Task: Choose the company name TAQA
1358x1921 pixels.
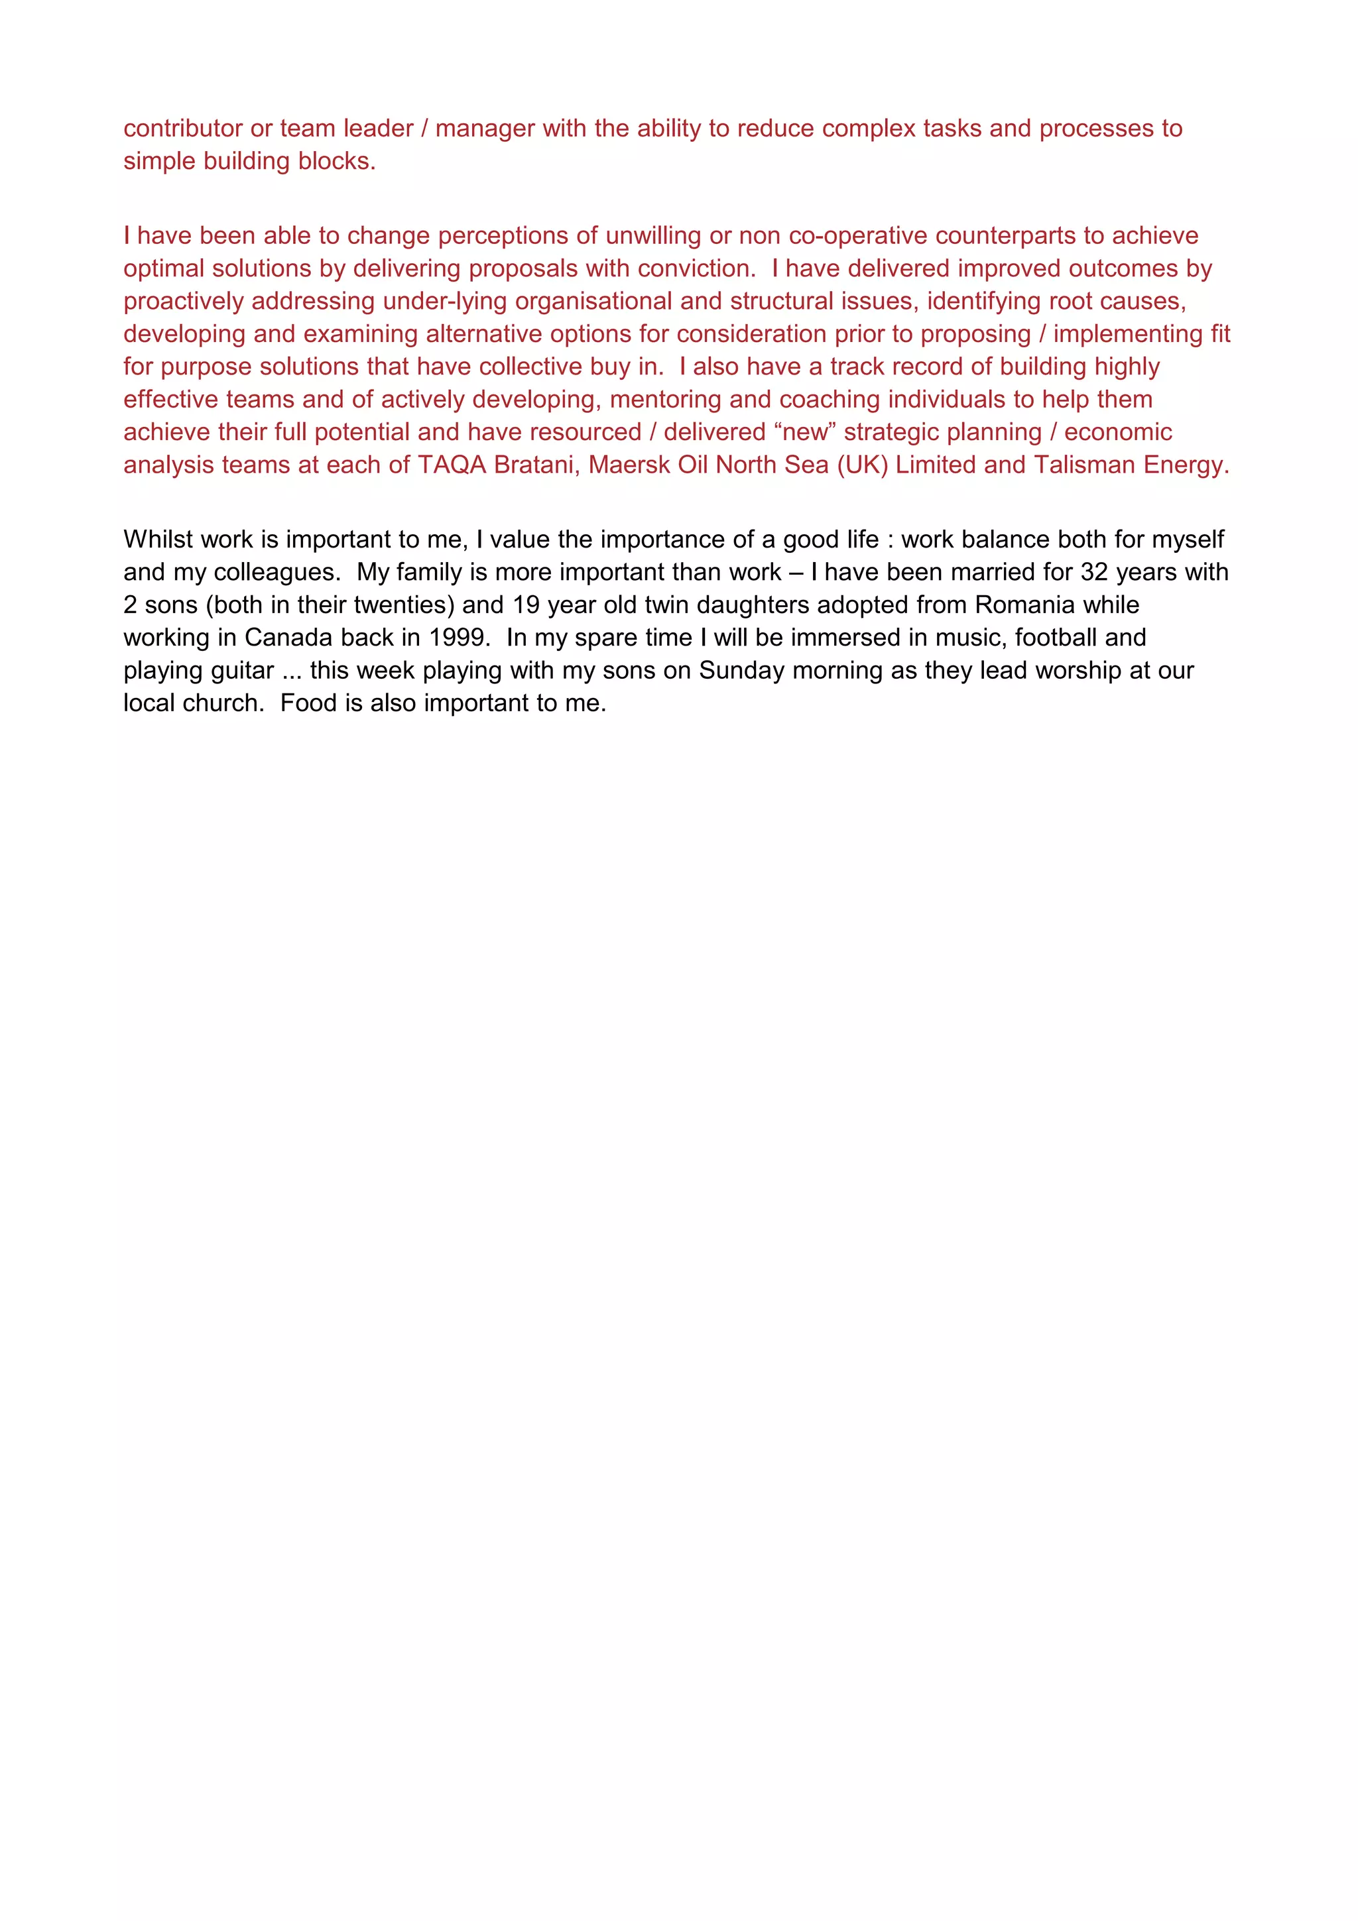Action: pyautogui.click(x=452, y=465)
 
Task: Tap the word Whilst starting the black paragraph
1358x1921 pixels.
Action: pyautogui.click(x=157, y=540)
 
